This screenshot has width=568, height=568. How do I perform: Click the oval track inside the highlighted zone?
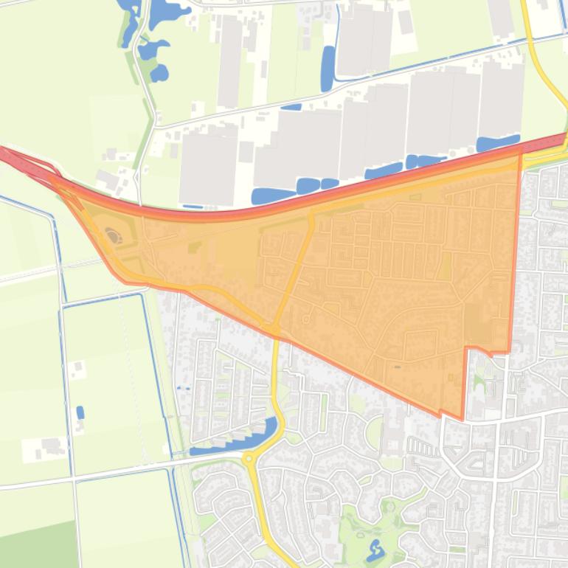tap(113, 235)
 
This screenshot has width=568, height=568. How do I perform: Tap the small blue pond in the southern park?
tap(375, 549)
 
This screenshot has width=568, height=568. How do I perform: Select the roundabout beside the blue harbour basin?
tap(250, 458)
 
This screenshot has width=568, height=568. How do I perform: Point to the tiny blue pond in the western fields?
tap(80, 412)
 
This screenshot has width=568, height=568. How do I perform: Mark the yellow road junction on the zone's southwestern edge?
tap(272, 327)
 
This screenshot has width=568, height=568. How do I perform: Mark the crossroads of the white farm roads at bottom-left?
tap(73, 479)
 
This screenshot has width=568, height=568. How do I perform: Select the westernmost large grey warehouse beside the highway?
tap(208, 166)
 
